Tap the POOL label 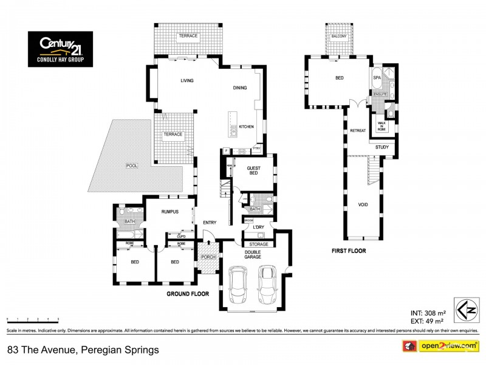point(131,165)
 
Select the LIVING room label point(186,80)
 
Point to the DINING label point(240,88)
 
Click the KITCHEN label point(246,127)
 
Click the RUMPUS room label point(169,212)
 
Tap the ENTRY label point(210,222)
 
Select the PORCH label point(208,257)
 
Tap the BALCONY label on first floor point(339,36)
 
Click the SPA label point(377,78)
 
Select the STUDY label point(382,147)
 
